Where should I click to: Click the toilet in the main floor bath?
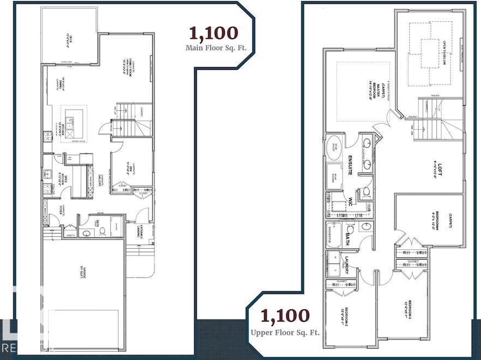click(x=102, y=232)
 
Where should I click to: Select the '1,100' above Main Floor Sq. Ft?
click(x=214, y=33)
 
